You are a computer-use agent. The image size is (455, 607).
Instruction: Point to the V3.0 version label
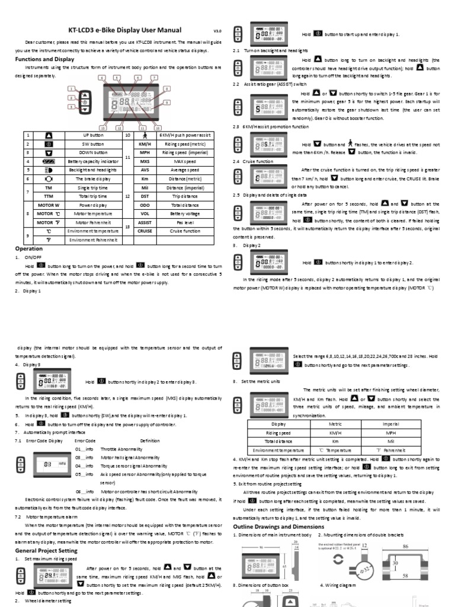[217, 32]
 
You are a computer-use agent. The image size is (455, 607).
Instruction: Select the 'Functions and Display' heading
[44, 59]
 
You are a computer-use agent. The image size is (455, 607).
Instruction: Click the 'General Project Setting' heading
[46, 550]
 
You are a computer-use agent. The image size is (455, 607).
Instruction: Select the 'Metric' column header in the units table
[335, 424]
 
